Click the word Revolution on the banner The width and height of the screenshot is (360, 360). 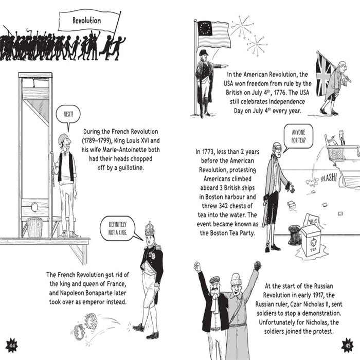[x=87, y=21]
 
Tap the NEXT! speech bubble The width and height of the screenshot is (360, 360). [x=68, y=115]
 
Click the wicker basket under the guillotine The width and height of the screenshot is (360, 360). [x=34, y=227]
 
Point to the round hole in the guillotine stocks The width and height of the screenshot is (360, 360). [x=34, y=207]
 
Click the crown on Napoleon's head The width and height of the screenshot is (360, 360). [x=150, y=229]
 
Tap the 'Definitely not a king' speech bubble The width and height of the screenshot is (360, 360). [x=118, y=229]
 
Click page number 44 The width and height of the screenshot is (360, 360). [x=11, y=345]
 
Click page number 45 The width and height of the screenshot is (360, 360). [x=348, y=345]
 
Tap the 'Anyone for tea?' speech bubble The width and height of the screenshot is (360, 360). [x=298, y=136]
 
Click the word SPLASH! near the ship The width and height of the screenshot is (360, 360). [x=329, y=178]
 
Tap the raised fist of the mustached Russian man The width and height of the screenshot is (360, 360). [x=197, y=266]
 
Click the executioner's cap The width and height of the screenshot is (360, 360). [x=62, y=138]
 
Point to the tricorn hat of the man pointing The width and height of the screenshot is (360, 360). [x=203, y=53]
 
